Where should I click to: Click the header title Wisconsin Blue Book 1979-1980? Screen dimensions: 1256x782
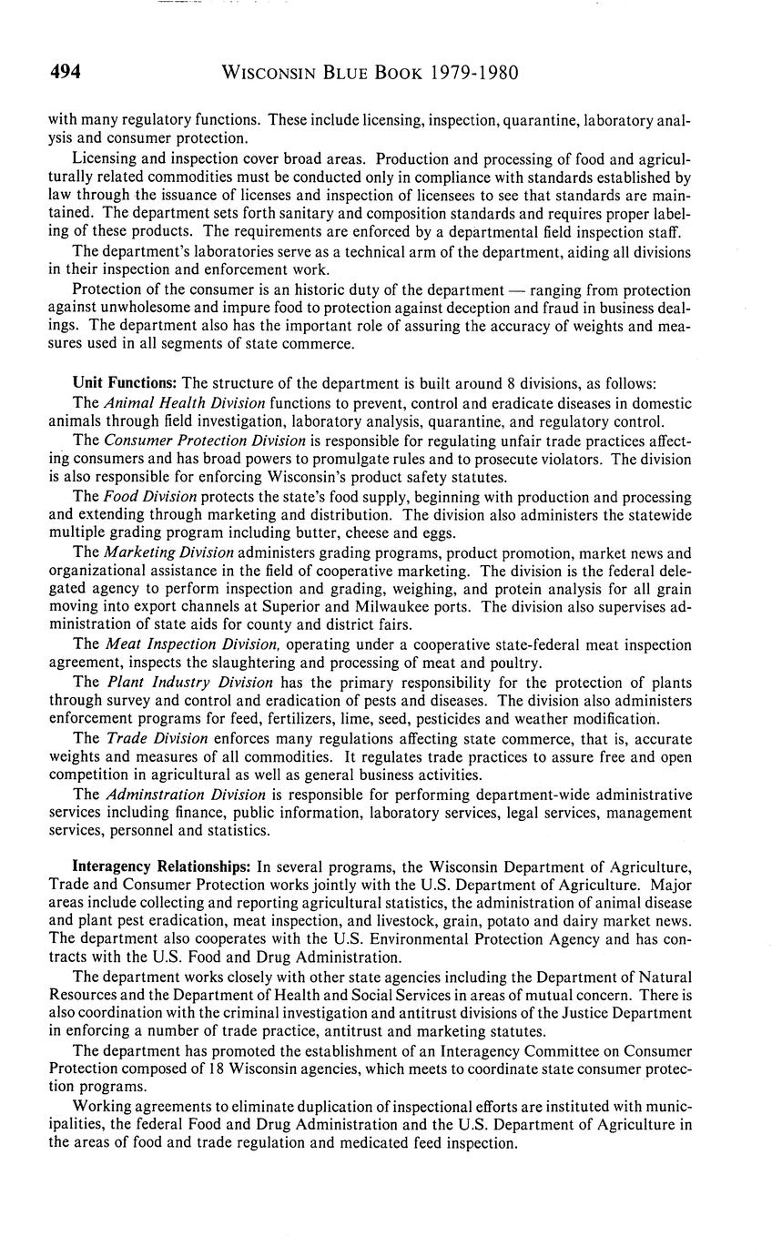[x=371, y=74]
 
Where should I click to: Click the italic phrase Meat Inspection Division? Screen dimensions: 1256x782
[x=190, y=645]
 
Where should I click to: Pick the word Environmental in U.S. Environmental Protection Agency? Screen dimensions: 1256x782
[x=410, y=939]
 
